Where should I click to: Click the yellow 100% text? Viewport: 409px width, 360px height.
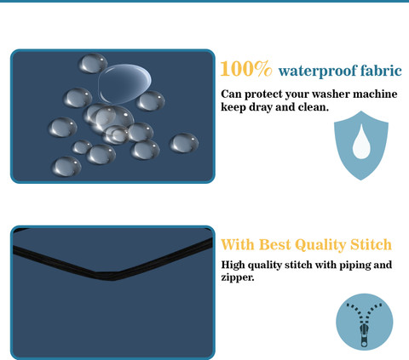tap(246, 69)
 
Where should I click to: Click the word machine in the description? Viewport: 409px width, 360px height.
tap(375, 94)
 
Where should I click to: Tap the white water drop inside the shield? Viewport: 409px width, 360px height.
tap(361, 141)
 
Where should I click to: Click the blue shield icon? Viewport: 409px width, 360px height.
tap(361, 146)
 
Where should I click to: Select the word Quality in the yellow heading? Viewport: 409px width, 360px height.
tap(320, 245)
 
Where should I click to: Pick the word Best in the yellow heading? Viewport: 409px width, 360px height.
tap(275, 244)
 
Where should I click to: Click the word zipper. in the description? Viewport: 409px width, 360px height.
tap(238, 277)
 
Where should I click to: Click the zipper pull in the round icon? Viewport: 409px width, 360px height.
tap(364, 335)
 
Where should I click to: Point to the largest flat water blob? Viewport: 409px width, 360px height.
tap(124, 83)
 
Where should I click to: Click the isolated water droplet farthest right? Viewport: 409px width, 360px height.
tap(184, 143)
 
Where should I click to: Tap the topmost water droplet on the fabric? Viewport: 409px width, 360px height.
tap(93, 63)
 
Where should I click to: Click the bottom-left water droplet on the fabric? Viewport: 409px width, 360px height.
tap(66, 166)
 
